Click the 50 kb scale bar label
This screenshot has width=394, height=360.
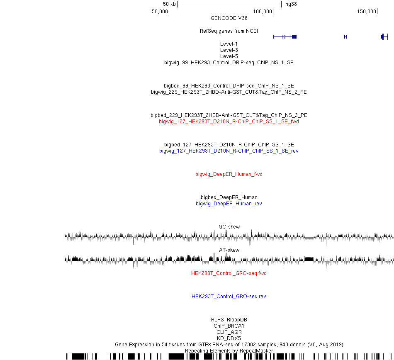pyautogui.click(x=169, y=4)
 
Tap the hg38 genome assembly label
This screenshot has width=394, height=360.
pyautogui.click(x=291, y=4)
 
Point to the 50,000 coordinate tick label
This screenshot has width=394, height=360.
pyautogui.click(x=160, y=12)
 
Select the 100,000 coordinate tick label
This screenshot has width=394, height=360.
pyautogui.click(x=263, y=12)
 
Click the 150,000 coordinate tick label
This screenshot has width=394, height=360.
pyautogui.click(x=367, y=12)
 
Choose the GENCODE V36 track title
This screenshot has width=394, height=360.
pyautogui.click(x=229, y=18)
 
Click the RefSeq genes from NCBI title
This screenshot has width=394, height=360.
pyautogui.click(x=229, y=31)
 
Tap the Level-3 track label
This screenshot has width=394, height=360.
pyautogui.click(x=229, y=50)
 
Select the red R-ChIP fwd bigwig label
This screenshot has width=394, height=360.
pyautogui.click(x=229, y=122)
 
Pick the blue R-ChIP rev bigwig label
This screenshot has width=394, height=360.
pyautogui.click(x=229, y=151)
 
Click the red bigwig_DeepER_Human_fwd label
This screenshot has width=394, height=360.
pyautogui.click(x=229, y=174)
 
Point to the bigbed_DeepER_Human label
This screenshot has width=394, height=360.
pyautogui.click(x=229, y=197)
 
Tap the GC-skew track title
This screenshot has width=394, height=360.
pyautogui.click(x=229, y=226)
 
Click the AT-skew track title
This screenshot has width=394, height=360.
pyautogui.click(x=229, y=250)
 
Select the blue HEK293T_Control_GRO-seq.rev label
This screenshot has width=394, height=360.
pyautogui.click(x=229, y=297)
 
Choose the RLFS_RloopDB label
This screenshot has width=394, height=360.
pyautogui.click(x=229, y=319)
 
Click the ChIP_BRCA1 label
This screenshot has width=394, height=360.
pyautogui.click(x=229, y=326)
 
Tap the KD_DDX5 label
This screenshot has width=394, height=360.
pyautogui.click(x=229, y=338)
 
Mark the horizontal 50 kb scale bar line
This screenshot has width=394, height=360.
pyautogui.click(x=229, y=4)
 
